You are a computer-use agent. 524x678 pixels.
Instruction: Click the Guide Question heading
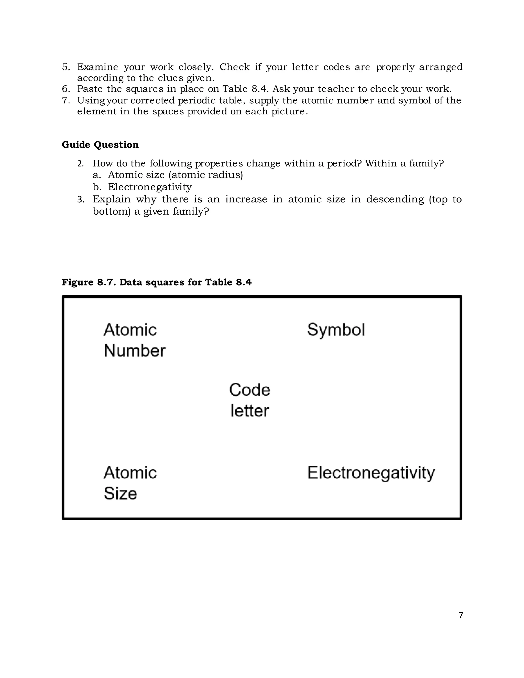click(x=100, y=145)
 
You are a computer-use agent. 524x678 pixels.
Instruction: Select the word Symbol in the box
click(x=336, y=330)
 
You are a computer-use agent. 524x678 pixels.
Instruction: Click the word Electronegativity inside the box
click(x=371, y=473)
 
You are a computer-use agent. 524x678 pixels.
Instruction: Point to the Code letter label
click(x=249, y=400)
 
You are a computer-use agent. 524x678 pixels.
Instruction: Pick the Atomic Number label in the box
click(x=134, y=340)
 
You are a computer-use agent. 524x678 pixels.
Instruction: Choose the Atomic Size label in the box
click(x=130, y=483)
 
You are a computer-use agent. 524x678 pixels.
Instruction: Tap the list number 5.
click(x=66, y=67)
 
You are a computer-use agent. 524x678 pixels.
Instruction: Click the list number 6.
click(x=66, y=89)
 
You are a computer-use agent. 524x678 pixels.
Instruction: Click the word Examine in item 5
click(x=97, y=67)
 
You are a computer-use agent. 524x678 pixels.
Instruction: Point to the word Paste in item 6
click(x=90, y=89)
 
